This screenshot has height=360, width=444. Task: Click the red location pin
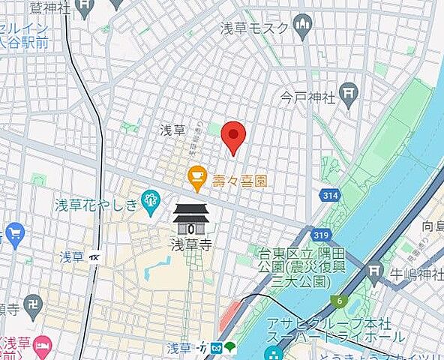tap(235, 136)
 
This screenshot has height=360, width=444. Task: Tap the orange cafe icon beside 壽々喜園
tap(196, 178)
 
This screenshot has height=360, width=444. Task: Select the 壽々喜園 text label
tap(238, 180)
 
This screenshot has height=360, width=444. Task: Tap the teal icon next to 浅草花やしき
tap(151, 199)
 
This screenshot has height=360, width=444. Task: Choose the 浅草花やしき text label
tap(97, 204)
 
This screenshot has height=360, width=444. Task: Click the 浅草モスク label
tap(254, 28)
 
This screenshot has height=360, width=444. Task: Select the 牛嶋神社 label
tap(417, 275)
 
